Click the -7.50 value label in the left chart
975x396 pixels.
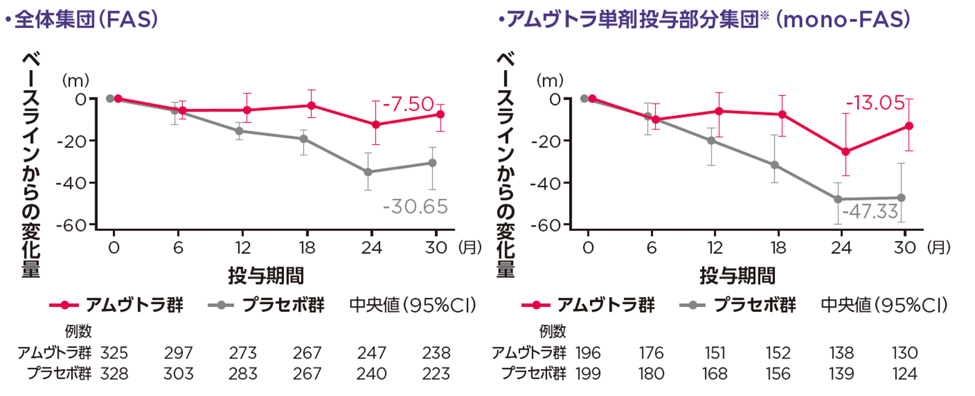pos(408,104)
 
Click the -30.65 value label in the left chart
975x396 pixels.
pos(415,207)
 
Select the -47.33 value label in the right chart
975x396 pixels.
pos(870,211)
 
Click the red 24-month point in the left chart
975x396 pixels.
pos(376,125)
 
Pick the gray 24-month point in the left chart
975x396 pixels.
pos(368,172)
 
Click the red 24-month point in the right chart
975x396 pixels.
pos(845,152)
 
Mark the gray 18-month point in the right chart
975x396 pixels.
pos(775,165)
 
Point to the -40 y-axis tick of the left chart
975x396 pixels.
pos(71,183)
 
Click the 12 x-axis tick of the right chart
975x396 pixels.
pos(715,248)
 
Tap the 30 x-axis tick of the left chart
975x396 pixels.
pos(436,248)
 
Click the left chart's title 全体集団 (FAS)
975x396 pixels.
pos(85,19)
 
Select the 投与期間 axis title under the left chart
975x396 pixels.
pos(266,276)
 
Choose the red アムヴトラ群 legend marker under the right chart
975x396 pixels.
pos(536,305)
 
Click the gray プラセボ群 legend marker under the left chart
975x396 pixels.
pos(221,305)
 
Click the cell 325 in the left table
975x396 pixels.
pos(114,353)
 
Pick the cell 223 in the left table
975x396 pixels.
pos(436,374)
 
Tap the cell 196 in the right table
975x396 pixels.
pos(588,353)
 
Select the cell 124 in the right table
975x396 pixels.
pos(904,374)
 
